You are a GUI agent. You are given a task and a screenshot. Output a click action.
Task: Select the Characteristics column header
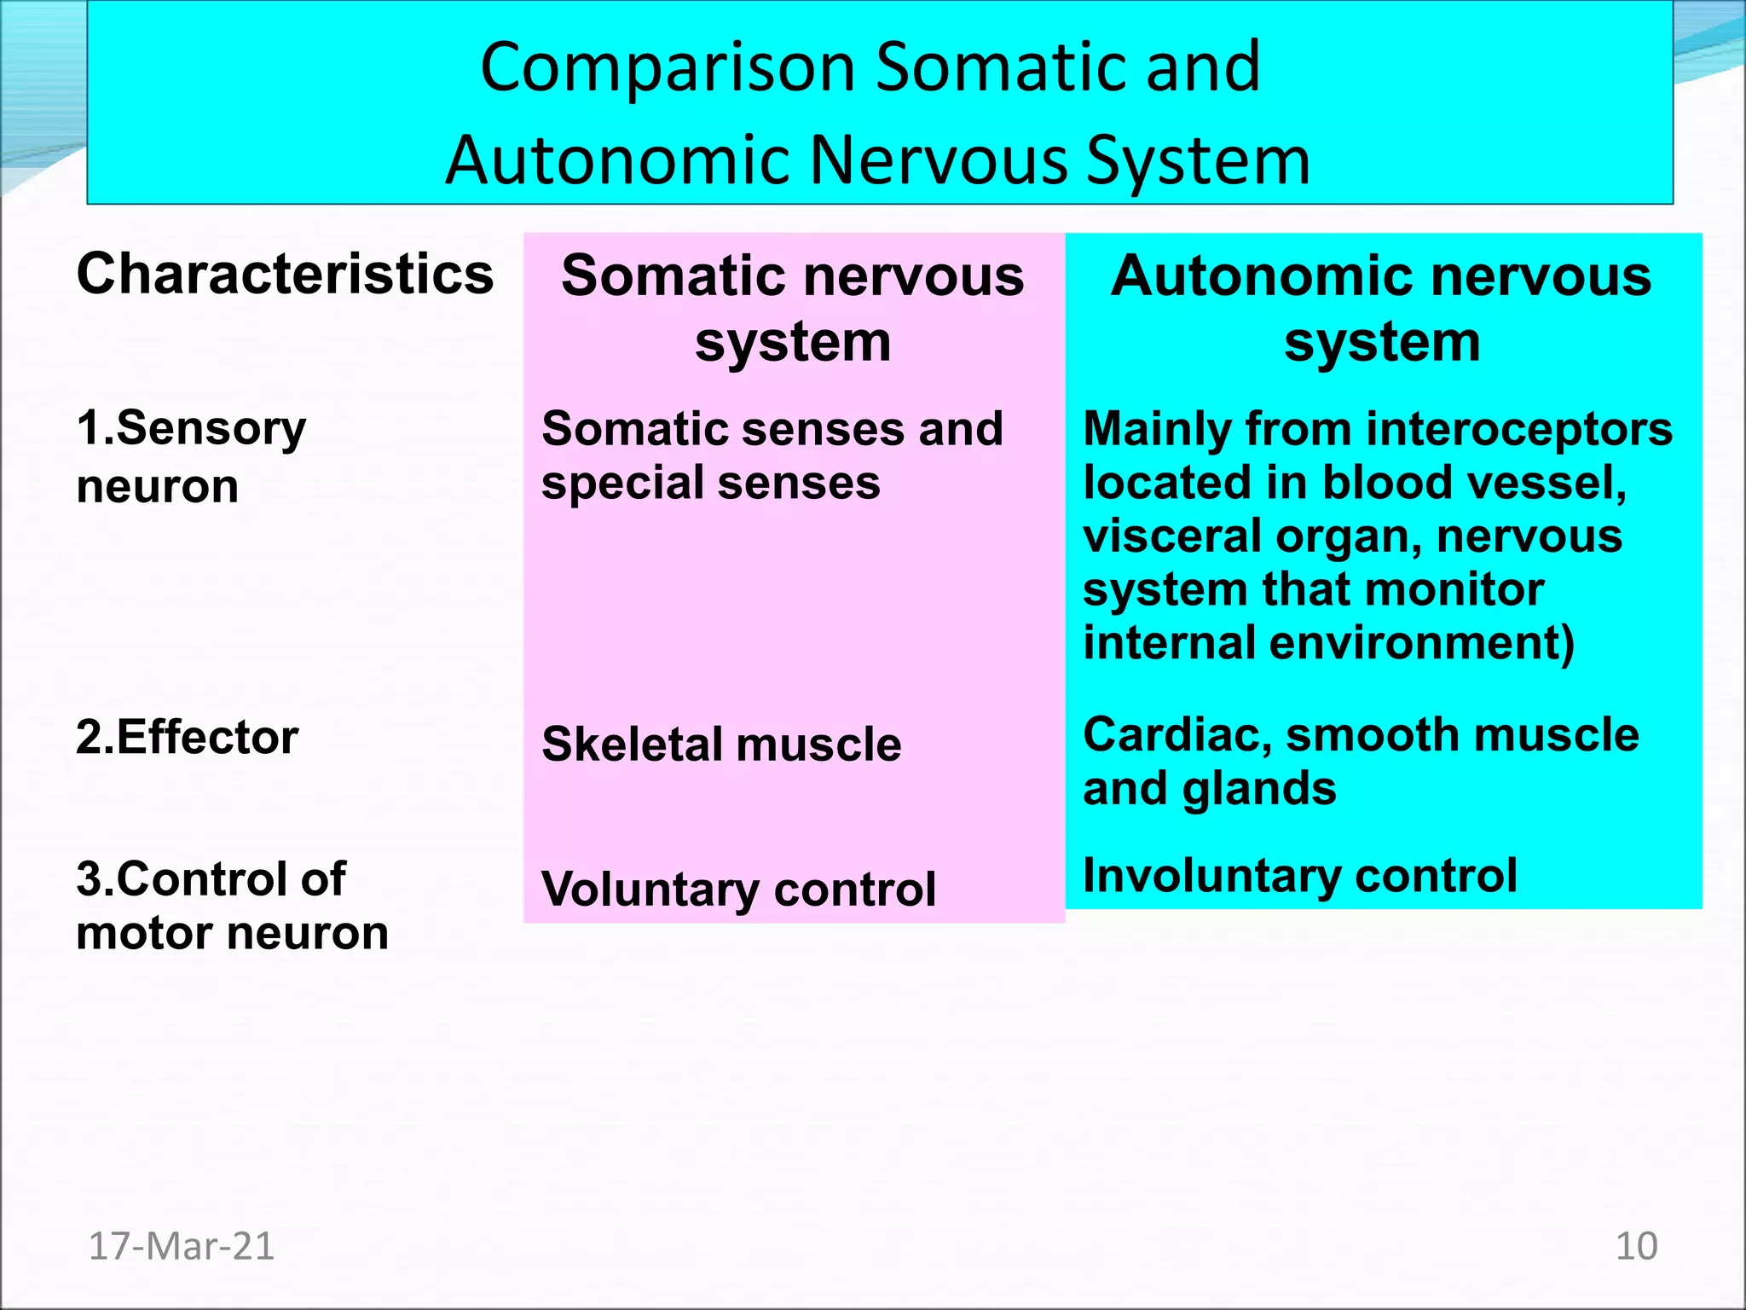(285, 275)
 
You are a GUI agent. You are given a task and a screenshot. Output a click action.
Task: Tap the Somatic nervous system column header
(792, 309)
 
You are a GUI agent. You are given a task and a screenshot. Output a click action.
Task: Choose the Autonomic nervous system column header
(1381, 309)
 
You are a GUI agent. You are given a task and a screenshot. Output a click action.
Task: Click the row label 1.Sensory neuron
(191, 456)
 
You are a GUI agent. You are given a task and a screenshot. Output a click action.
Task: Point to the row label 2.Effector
(187, 738)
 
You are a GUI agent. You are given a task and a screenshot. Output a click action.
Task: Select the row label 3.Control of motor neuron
(232, 906)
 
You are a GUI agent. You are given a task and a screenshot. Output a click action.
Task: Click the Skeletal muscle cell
(721, 745)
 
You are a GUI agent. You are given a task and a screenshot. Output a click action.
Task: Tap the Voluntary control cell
(738, 890)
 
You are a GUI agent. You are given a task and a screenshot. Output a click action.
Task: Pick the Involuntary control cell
(1299, 876)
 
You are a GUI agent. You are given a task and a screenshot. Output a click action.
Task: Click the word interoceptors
(1518, 429)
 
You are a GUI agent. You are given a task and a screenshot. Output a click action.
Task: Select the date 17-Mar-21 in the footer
(181, 1247)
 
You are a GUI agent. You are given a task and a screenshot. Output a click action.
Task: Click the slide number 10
(1636, 1247)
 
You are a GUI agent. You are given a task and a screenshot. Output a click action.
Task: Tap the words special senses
(710, 484)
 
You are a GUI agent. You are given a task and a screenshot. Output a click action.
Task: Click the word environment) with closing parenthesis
(1421, 643)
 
